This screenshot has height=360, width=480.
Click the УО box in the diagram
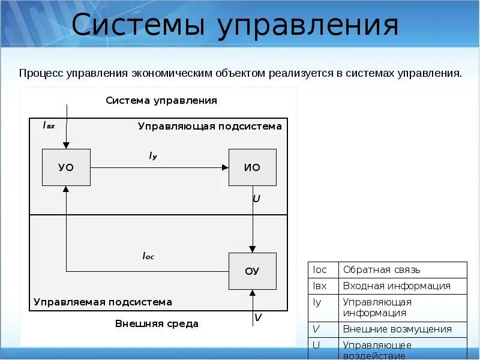(x=66, y=167)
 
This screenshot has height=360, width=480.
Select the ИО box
(x=252, y=167)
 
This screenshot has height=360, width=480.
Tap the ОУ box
(x=252, y=271)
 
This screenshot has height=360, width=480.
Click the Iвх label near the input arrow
(x=49, y=125)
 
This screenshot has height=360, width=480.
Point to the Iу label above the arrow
(x=153, y=156)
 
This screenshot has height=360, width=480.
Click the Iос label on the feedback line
(x=148, y=256)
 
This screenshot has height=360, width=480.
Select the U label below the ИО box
(x=257, y=198)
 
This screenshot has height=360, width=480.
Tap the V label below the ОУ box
(x=258, y=317)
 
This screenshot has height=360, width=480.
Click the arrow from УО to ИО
(x=159, y=168)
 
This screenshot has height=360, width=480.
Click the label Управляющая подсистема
(x=209, y=127)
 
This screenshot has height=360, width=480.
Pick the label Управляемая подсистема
(x=103, y=302)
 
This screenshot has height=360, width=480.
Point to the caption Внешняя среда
(x=157, y=324)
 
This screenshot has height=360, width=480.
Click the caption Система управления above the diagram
(x=161, y=100)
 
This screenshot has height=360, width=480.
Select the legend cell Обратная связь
(x=381, y=270)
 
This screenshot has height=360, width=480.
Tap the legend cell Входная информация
(x=396, y=286)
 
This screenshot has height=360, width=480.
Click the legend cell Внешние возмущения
(x=397, y=329)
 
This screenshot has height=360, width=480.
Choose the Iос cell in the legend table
(x=320, y=270)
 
